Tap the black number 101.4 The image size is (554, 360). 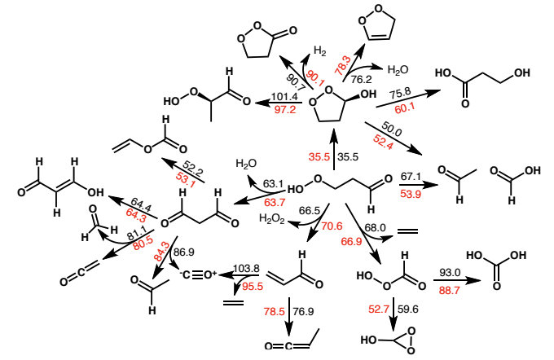tap(284, 96)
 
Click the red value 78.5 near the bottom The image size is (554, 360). tap(275, 311)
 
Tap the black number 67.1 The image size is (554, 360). tap(411, 177)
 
